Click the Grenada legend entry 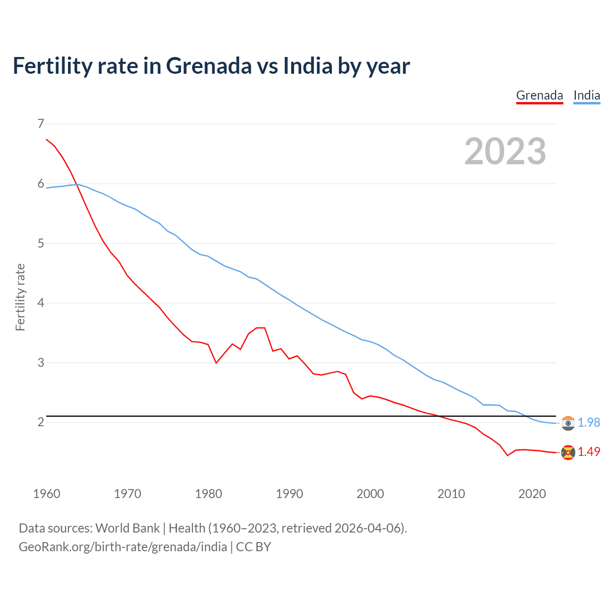click(x=539, y=96)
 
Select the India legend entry click(x=587, y=96)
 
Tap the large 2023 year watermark click(x=505, y=151)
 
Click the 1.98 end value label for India click(x=589, y=422)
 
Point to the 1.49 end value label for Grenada click(x=589, y=452)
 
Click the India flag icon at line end click(x=568, y=423)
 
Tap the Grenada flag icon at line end click(x=568, y=453)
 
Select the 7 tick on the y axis click(x=41, y=124)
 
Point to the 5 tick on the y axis click(x=41, y=243)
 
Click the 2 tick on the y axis click(x=41, y=422)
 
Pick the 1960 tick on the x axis click(x=46, y=494)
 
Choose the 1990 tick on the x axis click(x=289, y=494)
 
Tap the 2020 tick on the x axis click(x=532, y=494)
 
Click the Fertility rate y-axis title click(x=20, y=297)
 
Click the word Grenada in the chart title click(x=209, y=66)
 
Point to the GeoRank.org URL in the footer click(x=123, y=547)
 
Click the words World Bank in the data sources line click(x=127, y=528)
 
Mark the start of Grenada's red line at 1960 click(x=47, y=139)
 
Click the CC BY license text click(x=253, y=547)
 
